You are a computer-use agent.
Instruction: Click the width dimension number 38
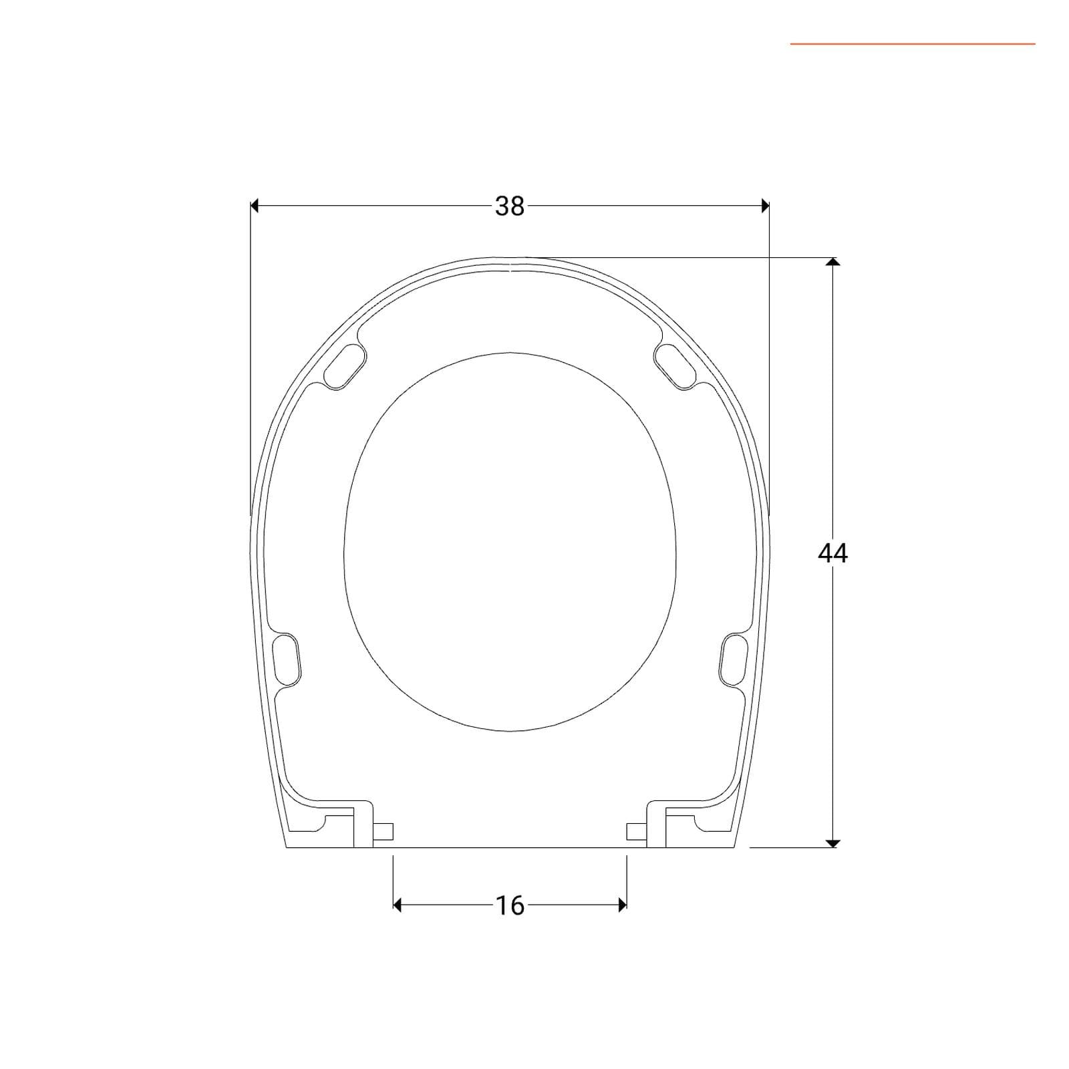[510, 206]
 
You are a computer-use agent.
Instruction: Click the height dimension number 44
[832, 553]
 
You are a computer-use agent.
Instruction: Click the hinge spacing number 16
[510, 905]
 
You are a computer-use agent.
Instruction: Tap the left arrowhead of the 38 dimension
[255, 206]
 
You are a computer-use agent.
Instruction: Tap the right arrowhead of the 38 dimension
[765, 206]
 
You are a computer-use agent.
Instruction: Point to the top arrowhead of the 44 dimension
[832, 262]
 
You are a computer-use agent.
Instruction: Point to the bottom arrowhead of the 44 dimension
[832, 843]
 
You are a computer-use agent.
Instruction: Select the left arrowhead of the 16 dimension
[398, 905]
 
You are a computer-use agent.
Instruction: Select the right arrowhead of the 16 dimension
[622, 905]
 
